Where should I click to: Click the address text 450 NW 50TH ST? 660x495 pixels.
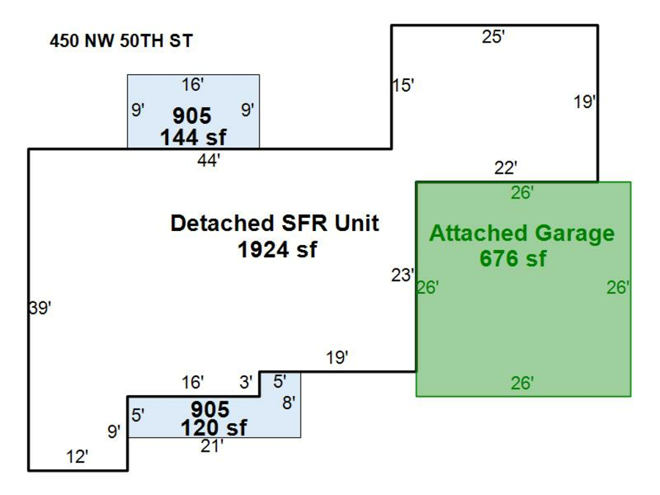click(x=121, y=41)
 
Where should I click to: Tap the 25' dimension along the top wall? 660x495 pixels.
click(x=493, y=37)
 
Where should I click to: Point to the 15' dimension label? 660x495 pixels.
click(x=403, y=86)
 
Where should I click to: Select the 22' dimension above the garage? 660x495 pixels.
click(x=505, y=169)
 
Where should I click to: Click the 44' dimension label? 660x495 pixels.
click(x=208, y=161)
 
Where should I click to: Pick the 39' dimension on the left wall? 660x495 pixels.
click(x=40, y=308)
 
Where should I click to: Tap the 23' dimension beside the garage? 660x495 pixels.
click(x=403, y=275)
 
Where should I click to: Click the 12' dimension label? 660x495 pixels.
click(x=77, y=457)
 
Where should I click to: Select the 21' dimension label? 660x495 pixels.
click(x=212, y=446)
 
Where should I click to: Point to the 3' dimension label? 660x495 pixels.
click(x=246, y=382)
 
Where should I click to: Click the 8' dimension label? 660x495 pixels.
click(x=289, y=403)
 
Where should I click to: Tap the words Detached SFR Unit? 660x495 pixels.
click(x=274, y=223)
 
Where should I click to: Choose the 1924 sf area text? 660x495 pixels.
click(x=277, y=250)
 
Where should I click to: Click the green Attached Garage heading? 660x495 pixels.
click(x=522, y=234)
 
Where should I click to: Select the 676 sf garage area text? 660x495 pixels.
click(x=513, y=258)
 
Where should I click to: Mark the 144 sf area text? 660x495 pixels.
click(x=193, y=137)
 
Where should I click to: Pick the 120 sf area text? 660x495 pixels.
click(x=213, y=428)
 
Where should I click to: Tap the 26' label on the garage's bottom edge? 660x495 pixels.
click(x=522, y=383)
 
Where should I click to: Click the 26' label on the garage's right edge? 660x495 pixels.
click(x=618, y=287)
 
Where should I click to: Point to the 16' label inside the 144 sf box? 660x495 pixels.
click(x=192, y=85)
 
